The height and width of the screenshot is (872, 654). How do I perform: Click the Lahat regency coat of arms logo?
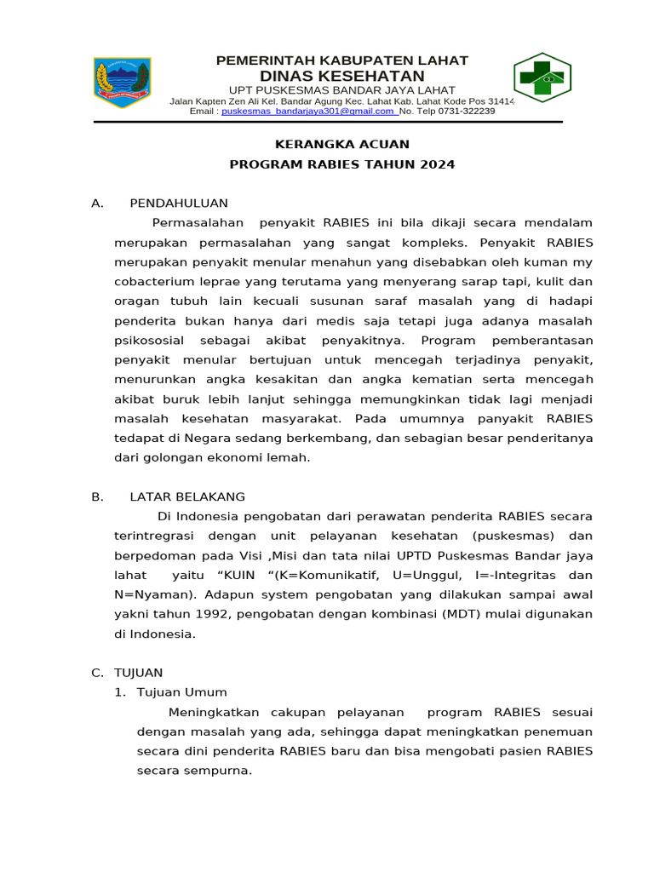[x=123, y=83]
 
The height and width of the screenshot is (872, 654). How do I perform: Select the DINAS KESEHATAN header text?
[x=341, y=76]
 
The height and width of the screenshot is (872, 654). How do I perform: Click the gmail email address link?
[x=308, y=111]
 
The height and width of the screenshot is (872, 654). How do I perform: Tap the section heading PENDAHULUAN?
[x=179, y=203]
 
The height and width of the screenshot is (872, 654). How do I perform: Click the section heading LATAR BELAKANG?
[x=187, y=496]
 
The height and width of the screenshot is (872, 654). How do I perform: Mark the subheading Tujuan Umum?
[x=182, y=692]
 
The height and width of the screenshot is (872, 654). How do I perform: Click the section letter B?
[x=98, y=496]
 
